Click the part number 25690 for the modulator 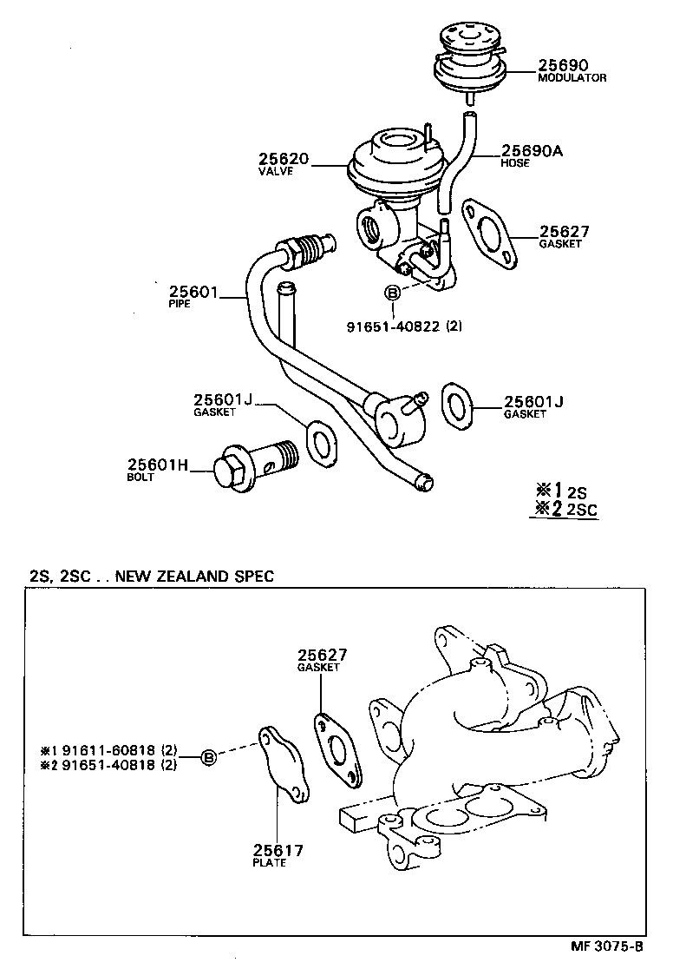point(563,65)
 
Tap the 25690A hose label point(532,151)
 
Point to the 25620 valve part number point(283,160)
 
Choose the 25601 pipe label point(193,293)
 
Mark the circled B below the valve point(392,294)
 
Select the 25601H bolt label point(158,465)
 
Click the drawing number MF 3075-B point(607,946)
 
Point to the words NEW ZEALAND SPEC point(194,575)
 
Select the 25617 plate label point(278,850)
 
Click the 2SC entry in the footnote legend point(581,510)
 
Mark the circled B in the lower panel point(208,758)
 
